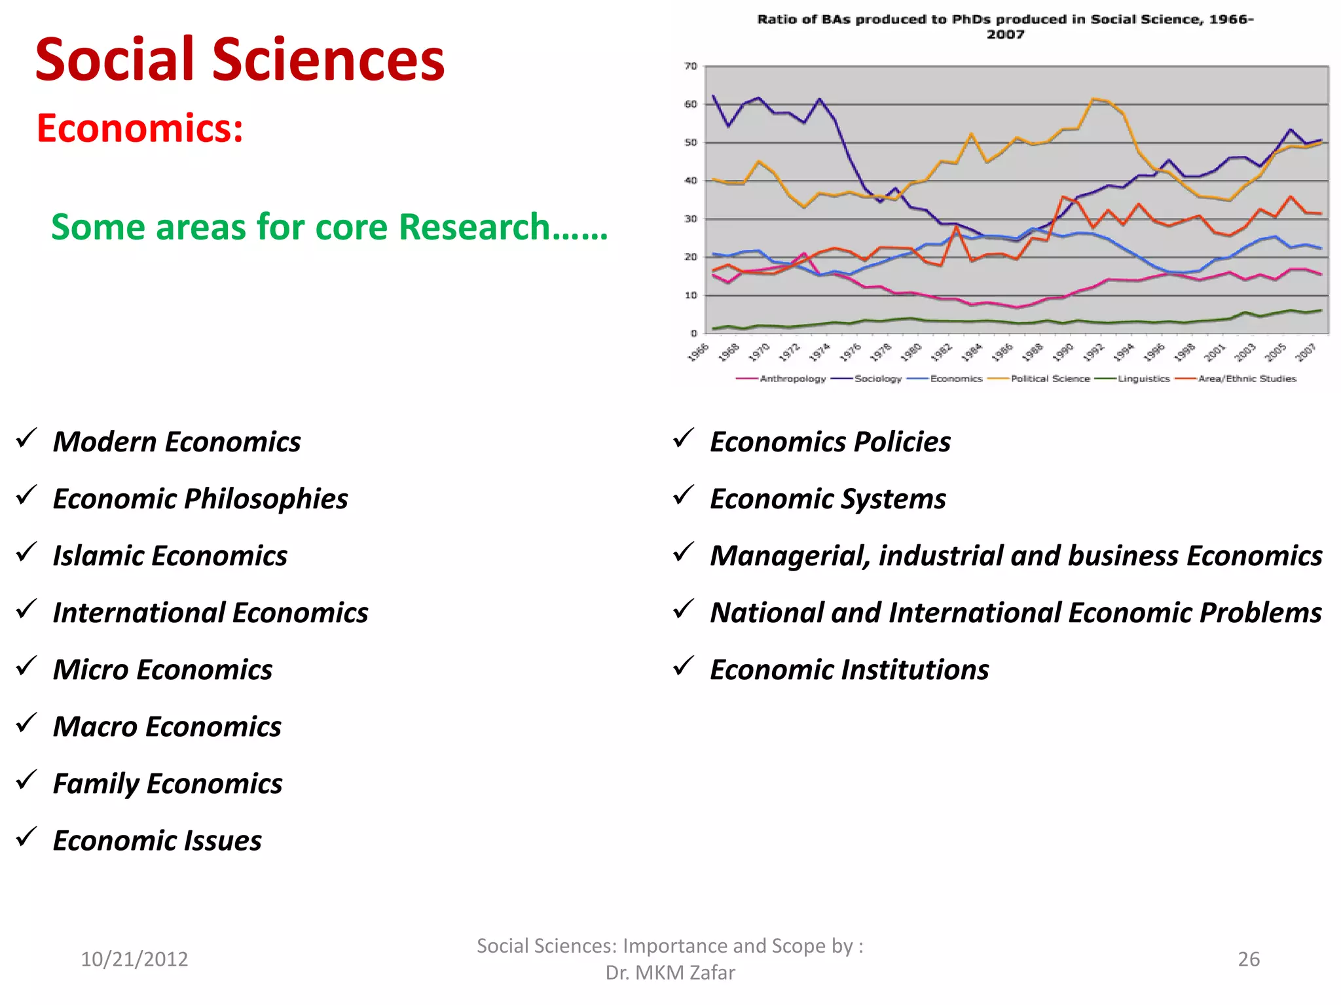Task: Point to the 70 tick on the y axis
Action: pos(691,66)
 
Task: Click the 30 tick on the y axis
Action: pos(691,219)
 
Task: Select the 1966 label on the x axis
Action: pos(699,351)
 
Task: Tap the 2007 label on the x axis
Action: pos(1306,351)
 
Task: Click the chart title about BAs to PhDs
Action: pos(1005,27)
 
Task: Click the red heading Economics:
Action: pos(140,128)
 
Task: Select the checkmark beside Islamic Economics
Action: pos(27,553)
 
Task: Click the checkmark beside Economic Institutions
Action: pos(683,667)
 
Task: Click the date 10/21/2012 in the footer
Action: pos(134,959)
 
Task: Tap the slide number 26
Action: pos(1249,959)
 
